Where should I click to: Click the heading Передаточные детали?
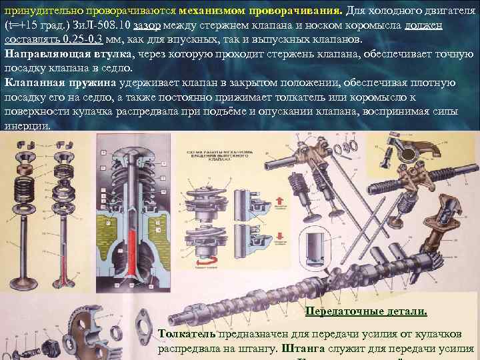click(365, 311)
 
